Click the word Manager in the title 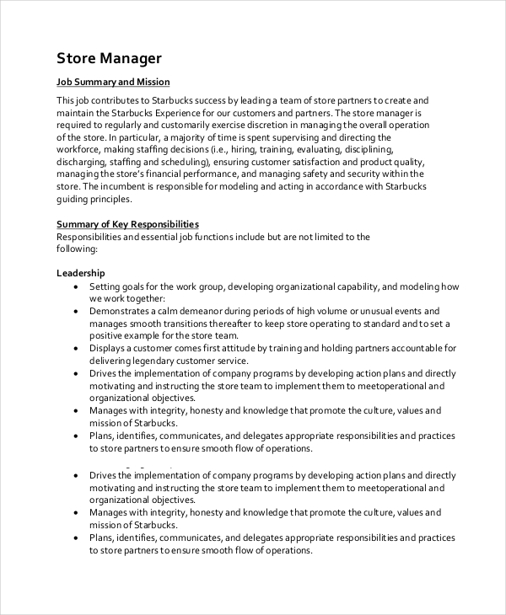pos(132,58)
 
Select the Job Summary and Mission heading pos(113,82)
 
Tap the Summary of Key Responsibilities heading pos(127,224)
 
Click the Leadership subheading pos(81,273)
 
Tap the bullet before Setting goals pos(76,286)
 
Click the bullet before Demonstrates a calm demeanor pos(76,311)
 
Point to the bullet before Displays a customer pos(76,348)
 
